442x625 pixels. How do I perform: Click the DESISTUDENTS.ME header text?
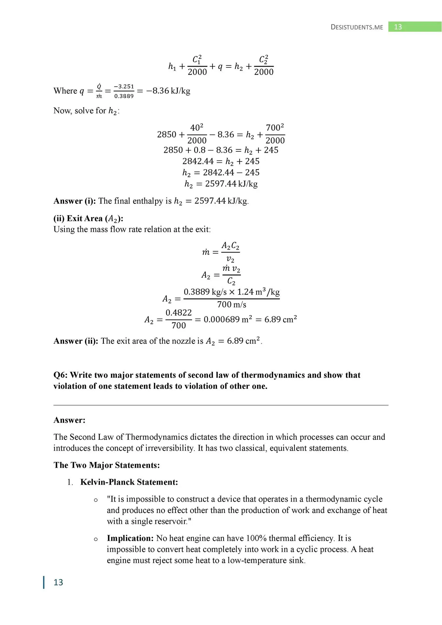point(357,27)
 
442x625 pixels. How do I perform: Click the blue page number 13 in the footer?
point(58,582)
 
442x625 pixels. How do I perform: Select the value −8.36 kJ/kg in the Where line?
point(168,91)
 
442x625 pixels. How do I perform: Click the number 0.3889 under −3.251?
point(124,96)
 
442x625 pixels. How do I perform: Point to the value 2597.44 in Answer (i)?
point(210,201)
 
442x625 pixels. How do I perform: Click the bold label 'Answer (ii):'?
point(76,341)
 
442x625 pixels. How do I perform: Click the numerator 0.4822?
point(179,313)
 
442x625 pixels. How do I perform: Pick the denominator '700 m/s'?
point(231,305)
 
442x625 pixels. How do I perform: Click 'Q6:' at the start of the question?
point(61,375)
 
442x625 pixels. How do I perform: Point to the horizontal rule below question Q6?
point(221,405)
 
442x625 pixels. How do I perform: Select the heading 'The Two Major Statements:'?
point(107,465)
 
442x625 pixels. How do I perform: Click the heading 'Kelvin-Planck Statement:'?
point(129,482)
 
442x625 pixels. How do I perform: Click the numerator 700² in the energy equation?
point(275,127)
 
